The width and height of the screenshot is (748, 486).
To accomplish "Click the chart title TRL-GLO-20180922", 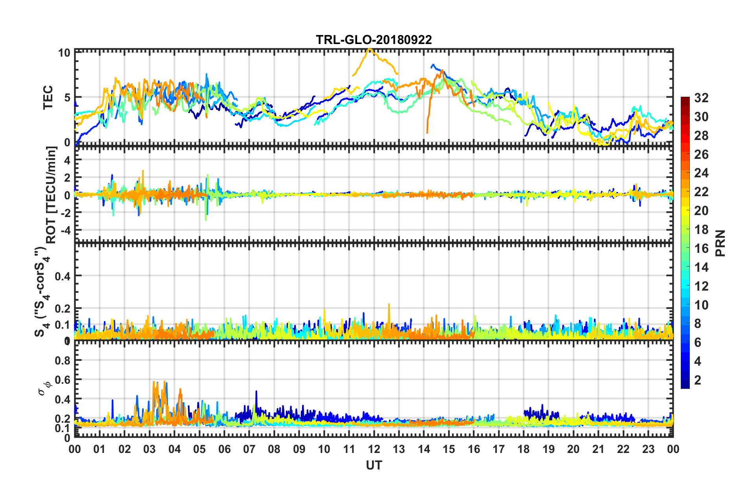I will click(374, 40).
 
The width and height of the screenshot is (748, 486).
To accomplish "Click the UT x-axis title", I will click(374, 465).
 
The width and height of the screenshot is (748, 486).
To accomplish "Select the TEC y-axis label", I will click(48, 98).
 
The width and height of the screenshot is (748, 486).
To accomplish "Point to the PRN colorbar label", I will click(720, 243).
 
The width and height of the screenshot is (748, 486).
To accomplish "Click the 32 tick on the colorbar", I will click(701, 98).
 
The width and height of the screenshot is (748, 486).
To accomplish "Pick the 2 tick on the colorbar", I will click(698, 380).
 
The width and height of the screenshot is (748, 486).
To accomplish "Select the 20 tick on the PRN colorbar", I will click(701, 211).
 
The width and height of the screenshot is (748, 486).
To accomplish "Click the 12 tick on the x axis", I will click(374, 449).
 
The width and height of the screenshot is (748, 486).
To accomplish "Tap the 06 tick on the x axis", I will click(224, 449).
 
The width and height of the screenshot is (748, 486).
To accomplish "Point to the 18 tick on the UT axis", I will click(523, 449).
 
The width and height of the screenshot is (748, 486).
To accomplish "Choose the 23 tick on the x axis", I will click(648, 449).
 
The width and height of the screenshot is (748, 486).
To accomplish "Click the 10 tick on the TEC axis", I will click(64, 53).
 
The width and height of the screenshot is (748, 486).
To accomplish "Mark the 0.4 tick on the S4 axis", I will click(63, 276).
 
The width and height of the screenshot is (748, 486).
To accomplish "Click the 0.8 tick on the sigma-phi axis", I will click(63, 361).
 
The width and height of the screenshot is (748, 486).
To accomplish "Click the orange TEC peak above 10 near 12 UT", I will click(369, 49).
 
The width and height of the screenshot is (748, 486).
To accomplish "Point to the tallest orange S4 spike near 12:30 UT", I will click(389, 305).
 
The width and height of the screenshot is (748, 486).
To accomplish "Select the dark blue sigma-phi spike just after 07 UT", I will click(256, 392).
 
